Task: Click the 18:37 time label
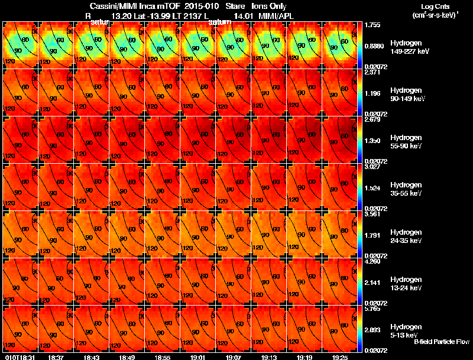tap(57, 357)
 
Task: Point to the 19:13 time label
tap(270, 357)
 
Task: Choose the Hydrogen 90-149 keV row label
tap(407, 95)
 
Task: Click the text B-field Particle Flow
tap(441, 342)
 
